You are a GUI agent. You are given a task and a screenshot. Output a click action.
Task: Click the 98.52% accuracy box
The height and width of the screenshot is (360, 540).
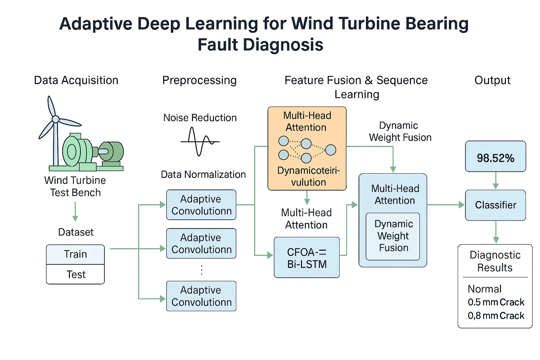pos(495,157)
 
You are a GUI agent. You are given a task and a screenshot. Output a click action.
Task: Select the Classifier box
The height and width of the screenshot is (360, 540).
pos(495,205)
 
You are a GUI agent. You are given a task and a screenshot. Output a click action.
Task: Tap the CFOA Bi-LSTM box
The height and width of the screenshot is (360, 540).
pos(307,258)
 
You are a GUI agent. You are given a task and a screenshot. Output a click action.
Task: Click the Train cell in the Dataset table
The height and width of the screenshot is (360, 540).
pos(75,254)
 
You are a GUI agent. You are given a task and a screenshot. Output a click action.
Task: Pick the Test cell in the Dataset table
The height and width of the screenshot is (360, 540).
pos(75,275)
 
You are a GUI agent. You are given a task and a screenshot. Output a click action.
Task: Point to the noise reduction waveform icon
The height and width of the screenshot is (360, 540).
pos(200,141)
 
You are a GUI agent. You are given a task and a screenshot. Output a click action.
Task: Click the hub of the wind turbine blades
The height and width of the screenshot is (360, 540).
pos(56,120)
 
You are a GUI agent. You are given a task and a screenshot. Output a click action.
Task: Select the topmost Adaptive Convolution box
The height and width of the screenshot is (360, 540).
pos(201,205)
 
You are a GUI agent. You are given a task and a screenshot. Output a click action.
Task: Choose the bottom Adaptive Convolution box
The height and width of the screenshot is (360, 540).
pos(201,296)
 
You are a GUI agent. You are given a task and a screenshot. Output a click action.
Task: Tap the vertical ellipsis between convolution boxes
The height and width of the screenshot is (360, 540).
pos(201,270)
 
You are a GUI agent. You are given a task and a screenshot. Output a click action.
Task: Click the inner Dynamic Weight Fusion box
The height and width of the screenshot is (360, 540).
pos(393,236)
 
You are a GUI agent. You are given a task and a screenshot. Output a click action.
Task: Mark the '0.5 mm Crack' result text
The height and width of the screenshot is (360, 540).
pos(496,302)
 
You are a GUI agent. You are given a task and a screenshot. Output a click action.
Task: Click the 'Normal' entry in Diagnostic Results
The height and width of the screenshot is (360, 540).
pos(484,289)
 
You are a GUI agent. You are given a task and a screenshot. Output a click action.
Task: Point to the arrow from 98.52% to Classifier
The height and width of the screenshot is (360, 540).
pos(496,181)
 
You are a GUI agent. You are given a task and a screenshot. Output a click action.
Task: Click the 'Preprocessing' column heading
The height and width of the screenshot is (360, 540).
pos(199,81)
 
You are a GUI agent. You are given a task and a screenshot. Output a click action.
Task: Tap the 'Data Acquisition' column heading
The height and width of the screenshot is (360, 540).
pos(76,81)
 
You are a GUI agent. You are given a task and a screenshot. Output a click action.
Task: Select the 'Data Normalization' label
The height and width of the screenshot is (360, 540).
pos(203,174)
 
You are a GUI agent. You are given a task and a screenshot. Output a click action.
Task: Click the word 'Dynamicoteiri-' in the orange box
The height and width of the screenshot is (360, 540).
pos(308,171)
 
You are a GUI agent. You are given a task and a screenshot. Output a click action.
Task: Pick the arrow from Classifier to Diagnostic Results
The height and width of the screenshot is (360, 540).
pos(496,232)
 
